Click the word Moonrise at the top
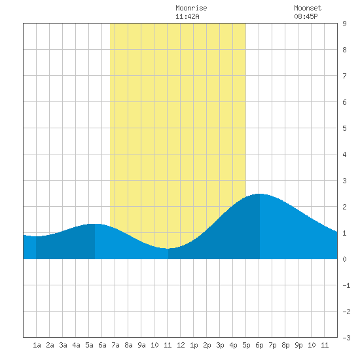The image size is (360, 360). pos(191,8)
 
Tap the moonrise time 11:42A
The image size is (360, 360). pos(187,16)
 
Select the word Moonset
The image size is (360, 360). pos(308,8)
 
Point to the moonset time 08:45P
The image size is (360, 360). pos(306,16)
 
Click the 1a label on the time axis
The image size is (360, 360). pos(37,345)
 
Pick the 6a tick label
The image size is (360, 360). pos(102,345)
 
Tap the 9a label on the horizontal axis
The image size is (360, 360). pos(141,345)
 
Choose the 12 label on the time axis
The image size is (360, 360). pos(181,345)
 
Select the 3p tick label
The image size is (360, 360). pos(220,345)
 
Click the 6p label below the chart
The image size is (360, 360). pos(259,345)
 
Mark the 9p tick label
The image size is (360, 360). pos(298,345)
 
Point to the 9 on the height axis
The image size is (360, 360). pos(344,24)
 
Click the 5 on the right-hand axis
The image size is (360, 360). pos(344,128)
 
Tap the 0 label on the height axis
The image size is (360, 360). pos(344,259)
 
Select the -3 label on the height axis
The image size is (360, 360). pos(346,338)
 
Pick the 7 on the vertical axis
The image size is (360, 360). pos(344,76)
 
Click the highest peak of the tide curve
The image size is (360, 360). pos(259,194)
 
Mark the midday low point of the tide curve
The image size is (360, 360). pos(168,249)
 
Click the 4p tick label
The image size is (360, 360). pos(233,345)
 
